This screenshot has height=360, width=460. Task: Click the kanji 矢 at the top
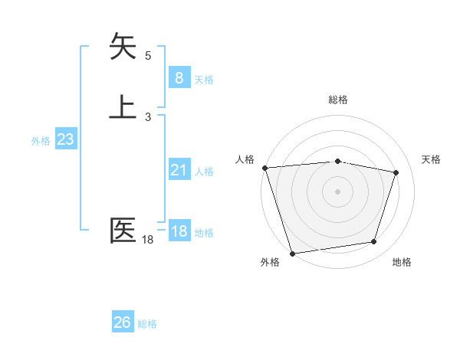pyautogui.click(x=123, y=46)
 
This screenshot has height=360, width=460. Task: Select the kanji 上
pyautogui.click(x=123, y=106)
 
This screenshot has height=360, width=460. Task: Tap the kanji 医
pyautogui.click(x=123, y=231)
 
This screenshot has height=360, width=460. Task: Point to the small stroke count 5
pyautogui.click(x=148, y=55)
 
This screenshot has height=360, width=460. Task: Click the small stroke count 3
pyautogui.click(x=148, y=116)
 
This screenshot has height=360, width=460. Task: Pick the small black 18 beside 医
pyautogui.click(x=148, y=240)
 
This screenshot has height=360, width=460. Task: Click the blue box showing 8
pyautogui.click(x=179, y=78)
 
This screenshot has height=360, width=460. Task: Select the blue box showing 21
pyautogui.click(x=179, y=170)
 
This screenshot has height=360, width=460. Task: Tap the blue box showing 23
pyautogui.click(x=65, y=139)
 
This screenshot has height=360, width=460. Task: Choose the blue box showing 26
pyautogui.click(x=123, y=322)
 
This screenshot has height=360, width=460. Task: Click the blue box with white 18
pyautogui.click(x=179, y=231)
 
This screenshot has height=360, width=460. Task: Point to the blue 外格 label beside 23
pyautogui.click(x=41, y=141)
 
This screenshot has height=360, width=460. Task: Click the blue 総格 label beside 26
pyautogui.click(x=147, y=324)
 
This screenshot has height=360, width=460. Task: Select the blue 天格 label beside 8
pyautogui.click(x=204, y=80)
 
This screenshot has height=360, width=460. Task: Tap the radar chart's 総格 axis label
pyautogui.click(x=338, y=100)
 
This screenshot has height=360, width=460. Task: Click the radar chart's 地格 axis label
pyautogui.click(x=402, y=262)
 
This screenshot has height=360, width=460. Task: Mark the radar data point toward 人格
pyautogui.click(x=264, y=168)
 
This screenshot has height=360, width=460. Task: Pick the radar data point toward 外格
pyautogui.click(x=292, y=253)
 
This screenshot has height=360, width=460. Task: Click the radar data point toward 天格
pyautogui.click(x=396, y=173)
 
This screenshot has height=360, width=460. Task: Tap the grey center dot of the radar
pyautogui.click(x=337, y=191)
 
